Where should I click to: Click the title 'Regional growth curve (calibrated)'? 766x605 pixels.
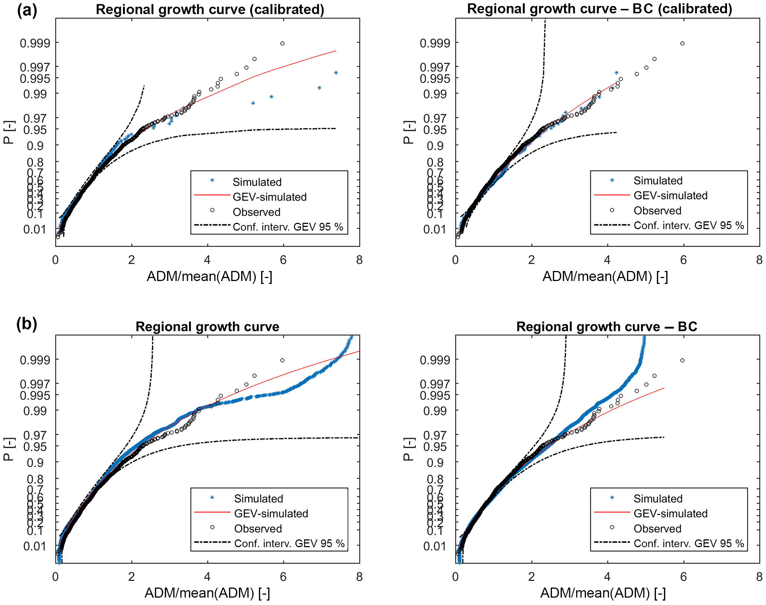(x=210, y=9)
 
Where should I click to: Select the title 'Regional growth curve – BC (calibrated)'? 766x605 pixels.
(x=599, y=9)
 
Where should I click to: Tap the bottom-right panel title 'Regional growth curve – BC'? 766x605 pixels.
(x=607, y=327)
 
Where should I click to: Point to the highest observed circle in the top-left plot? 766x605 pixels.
(x=282, y=43)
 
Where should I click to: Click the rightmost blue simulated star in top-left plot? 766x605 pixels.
(x=336, y=73)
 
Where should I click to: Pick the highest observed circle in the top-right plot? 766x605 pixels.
(x=682, y=43)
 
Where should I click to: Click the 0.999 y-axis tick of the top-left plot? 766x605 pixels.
(x=35, y=43)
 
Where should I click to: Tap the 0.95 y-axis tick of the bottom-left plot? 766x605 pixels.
(x=35, y=447)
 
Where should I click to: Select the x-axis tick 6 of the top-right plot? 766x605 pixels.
(x=683, y=260)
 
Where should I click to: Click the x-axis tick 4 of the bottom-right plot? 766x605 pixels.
(x=607, y=577)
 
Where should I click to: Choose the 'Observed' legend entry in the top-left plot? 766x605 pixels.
(x=256, y=212)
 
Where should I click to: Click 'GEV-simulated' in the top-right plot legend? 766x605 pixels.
(x=670, y=195)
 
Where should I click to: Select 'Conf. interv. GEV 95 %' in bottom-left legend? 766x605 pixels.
(x=289, y=543)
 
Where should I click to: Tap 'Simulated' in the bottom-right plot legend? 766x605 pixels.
(x=658, y=499)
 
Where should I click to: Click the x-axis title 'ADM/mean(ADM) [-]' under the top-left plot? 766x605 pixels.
(x=209, y=277)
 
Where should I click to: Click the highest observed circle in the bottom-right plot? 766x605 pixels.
(x=682, y=360)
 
